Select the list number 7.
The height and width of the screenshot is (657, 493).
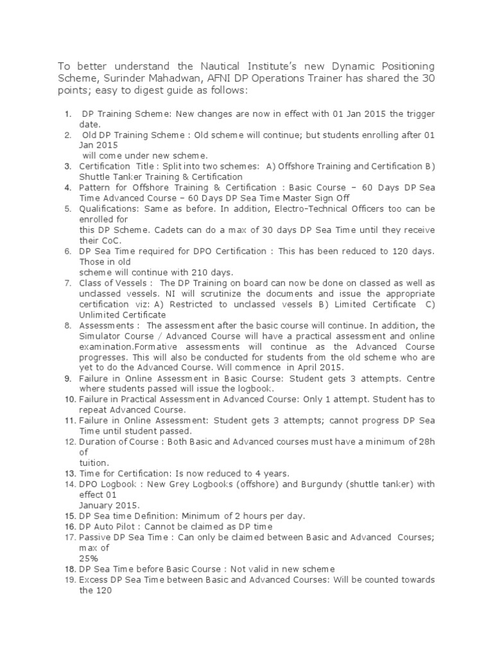pyautogui.click(x=67, y=284)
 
